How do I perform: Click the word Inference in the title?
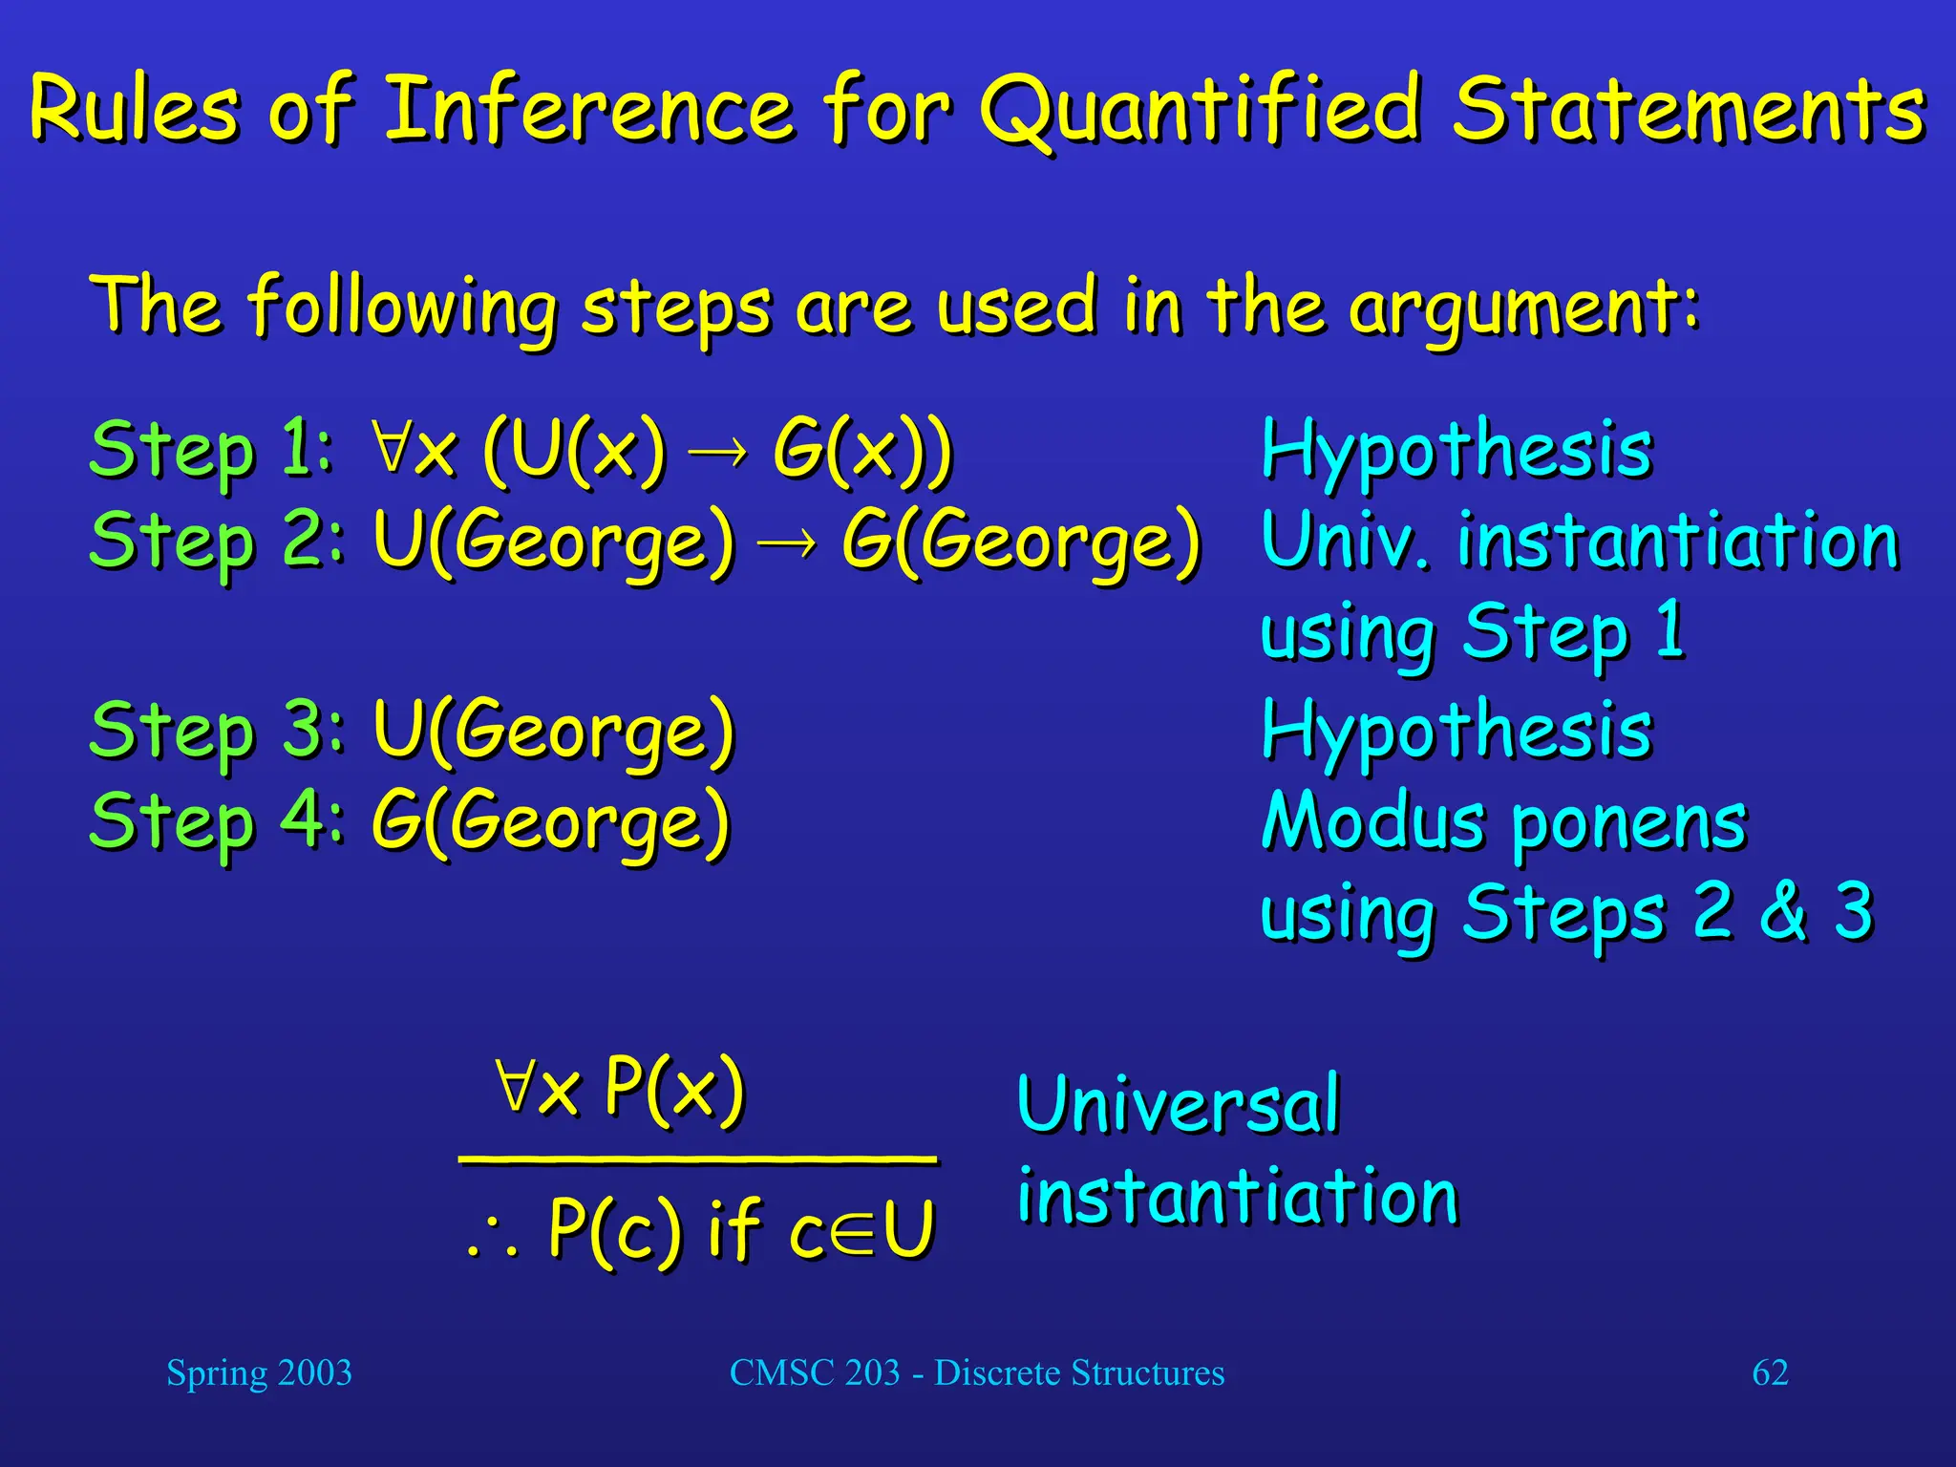click(587, 110)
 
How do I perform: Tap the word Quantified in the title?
click(1201, 110)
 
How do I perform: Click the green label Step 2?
click(216, 541)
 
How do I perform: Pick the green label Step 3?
click(216, 730)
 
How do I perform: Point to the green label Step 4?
click(216, 821)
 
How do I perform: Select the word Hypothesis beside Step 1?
click(1456, 451)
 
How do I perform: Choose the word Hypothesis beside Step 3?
click(1456, 732)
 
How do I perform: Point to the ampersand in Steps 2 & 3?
click(1782, 911)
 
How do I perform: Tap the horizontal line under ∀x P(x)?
click(697, 1159)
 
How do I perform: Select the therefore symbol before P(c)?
click(493, 1240)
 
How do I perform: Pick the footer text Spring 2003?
click(259, 1373)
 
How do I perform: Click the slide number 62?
click(1770, 1373)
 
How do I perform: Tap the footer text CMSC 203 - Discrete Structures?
click(976, 1373)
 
